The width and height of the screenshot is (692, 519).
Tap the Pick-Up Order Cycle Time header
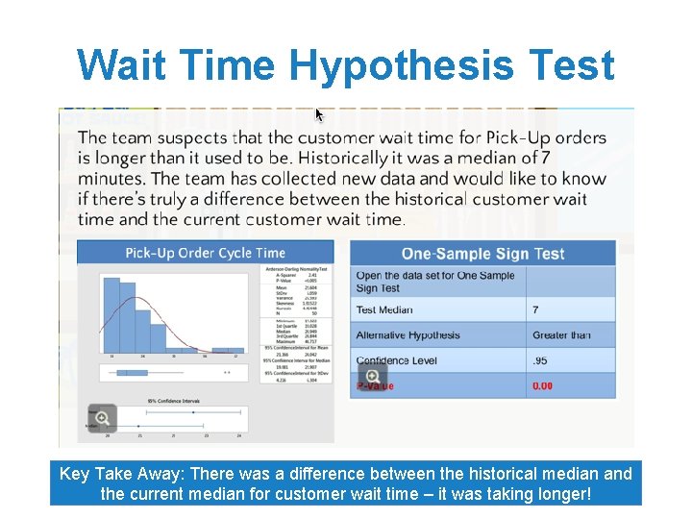[x=205, y=253]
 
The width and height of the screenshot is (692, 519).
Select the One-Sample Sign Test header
[x=482, y=254]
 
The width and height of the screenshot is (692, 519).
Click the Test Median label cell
[x=384, y=309]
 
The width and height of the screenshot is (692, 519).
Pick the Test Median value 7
[x=536, y=309]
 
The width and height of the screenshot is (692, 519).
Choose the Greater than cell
[x=561, y=335]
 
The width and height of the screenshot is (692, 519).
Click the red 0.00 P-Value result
[x=543, y=385]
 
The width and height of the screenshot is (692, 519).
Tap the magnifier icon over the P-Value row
[x=372, y=376]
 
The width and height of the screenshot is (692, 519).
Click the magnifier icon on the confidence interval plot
[x=101, y=417]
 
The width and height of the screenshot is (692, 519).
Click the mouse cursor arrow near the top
[x=319, y=114]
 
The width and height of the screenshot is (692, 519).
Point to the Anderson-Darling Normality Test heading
[x=291, y=270]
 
